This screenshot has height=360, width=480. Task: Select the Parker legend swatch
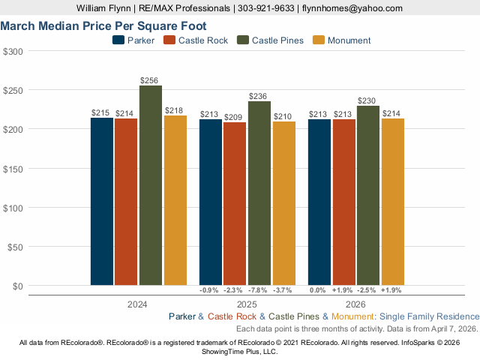(118, 40)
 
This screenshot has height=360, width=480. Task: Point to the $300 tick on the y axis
(13, 51)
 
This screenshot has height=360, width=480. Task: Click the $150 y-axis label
(13, 168)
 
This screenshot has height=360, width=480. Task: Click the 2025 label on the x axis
(246, 305)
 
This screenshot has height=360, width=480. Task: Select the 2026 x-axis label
(355, 305)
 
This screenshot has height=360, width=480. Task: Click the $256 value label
(151, 80)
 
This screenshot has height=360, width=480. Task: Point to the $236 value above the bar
(259, 96)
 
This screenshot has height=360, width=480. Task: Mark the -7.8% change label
(259, 290)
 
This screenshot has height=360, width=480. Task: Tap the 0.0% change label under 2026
(319, 290)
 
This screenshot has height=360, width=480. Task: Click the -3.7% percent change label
(283, 290)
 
